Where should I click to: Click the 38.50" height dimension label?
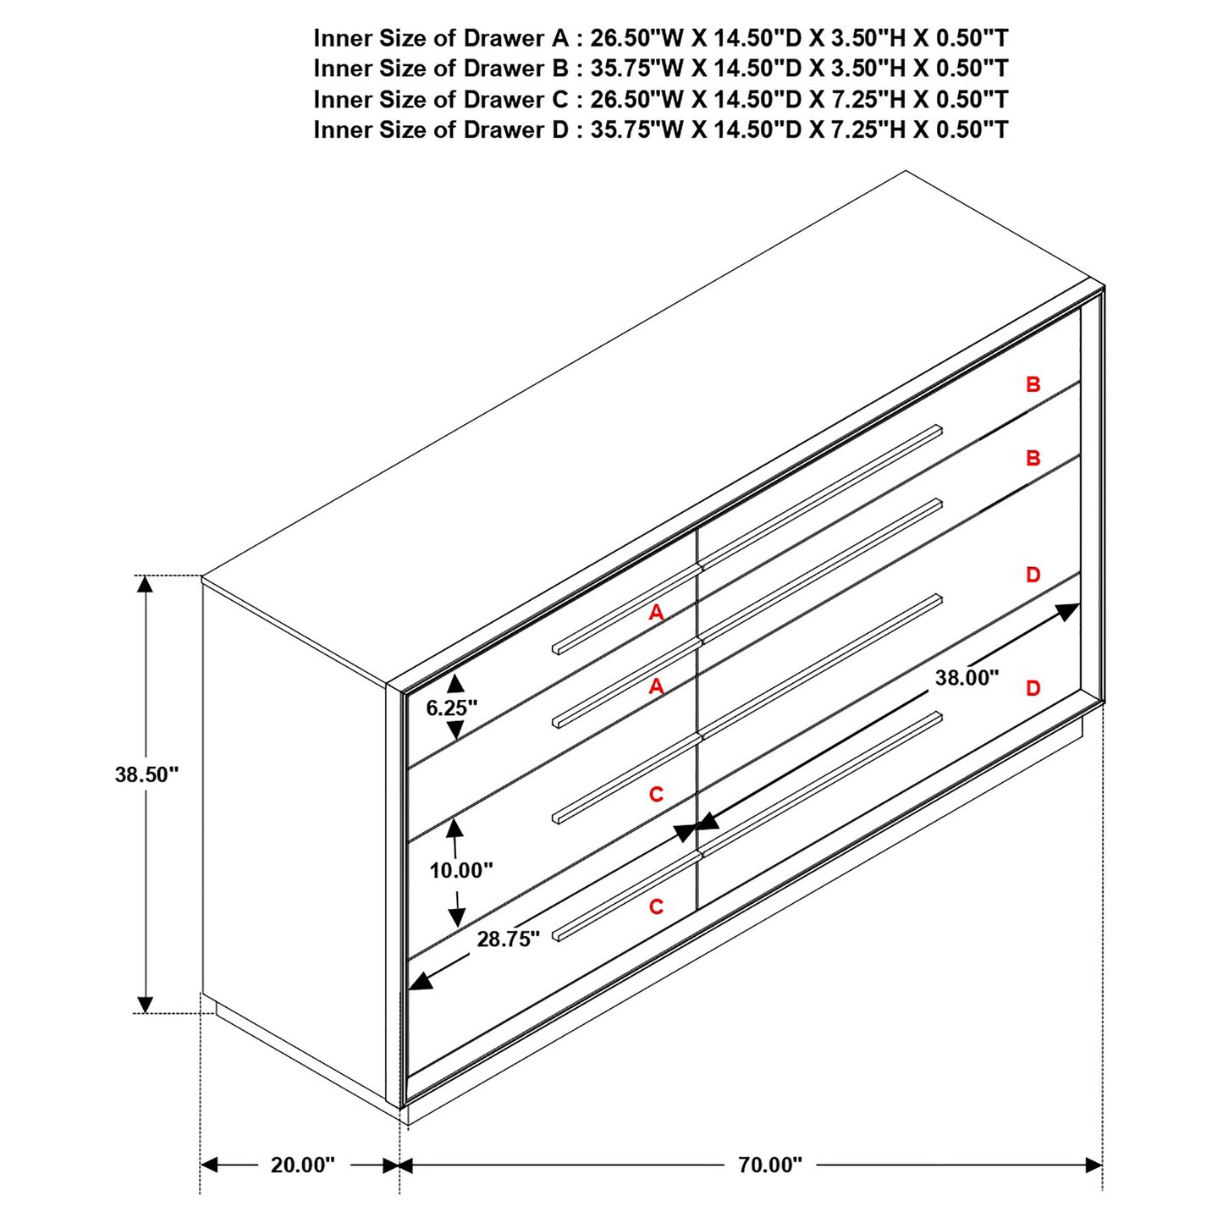(x=146, y=774)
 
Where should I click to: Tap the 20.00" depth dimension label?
(x=302, y=1165)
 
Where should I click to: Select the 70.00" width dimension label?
(x=769, y=1165)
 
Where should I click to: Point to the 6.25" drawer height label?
(x=451, y=708)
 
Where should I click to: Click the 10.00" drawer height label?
(x=460, y=870)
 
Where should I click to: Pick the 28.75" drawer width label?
(x=508, y=939)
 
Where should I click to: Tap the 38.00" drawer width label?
(x=967, y=678)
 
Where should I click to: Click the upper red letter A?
(x=656, y=613)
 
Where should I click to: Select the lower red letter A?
(x=656, y=687)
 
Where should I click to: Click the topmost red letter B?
(x=1033, y=385)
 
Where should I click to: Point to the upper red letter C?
(x=656, y=795)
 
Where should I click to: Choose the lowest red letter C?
(x=656, y=907)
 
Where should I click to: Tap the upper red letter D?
(x=1033, y=576)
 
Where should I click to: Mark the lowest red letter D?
(x=1033, y=689)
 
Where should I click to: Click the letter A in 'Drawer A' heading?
(x=559, y=38)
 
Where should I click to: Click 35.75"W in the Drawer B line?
(x=636, y=69)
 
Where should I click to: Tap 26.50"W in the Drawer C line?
(x=636, y=99)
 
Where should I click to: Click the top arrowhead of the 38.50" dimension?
(x=146, y=583)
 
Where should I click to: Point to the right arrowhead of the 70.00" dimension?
(x=1094, y=1165)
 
